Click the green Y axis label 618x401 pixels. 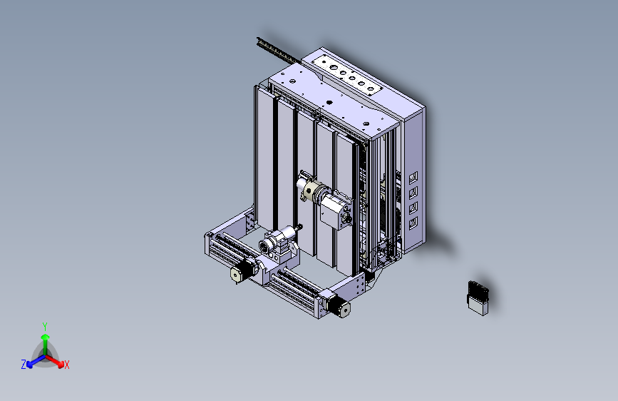(45, 327)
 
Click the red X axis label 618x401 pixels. (66, 365)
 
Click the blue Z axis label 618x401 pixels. (24, 365)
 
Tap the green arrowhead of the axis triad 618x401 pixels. (46, 337)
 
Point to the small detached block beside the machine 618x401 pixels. (478, 298)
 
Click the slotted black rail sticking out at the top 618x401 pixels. (277, 51)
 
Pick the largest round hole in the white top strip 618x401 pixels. (334, 68)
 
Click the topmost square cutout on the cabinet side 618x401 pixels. (413, 178)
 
